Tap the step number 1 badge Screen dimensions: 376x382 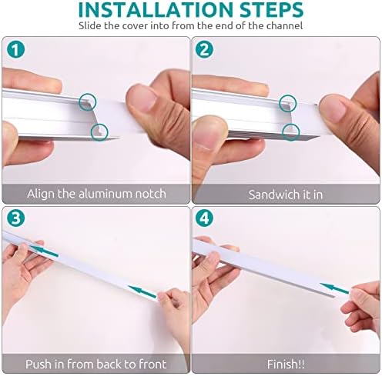click(15, 50)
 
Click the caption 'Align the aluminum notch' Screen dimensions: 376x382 click(96, 193)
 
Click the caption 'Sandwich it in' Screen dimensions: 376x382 click(286, 193)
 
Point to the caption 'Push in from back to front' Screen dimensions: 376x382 click(96, 364)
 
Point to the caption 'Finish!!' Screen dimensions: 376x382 click(286, 364)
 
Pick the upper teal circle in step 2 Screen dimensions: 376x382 click(288, 100)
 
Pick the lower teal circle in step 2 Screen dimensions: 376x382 click(290, 130)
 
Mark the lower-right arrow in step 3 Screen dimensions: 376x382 click(146, 290)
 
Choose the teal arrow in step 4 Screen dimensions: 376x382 click(333, 289)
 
